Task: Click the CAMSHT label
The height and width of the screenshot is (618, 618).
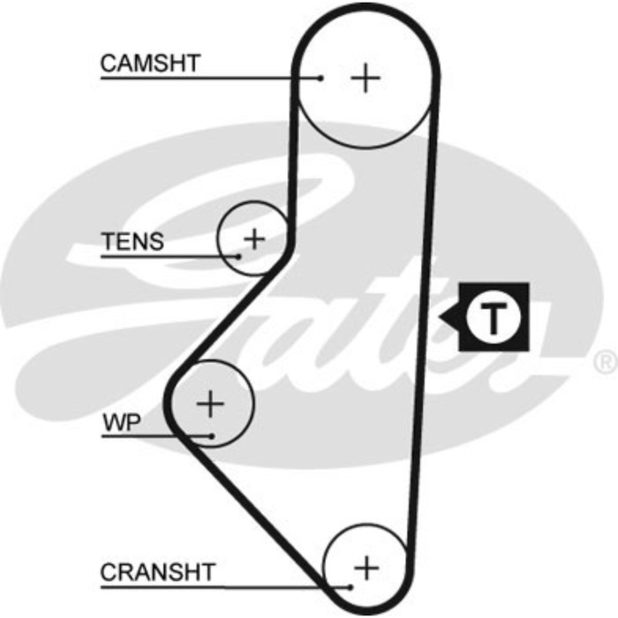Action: [150, 64]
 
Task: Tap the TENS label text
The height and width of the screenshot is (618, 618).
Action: [132, 242]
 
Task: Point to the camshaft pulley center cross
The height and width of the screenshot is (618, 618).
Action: [365, 79]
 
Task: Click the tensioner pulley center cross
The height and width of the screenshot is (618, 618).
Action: [254, 237]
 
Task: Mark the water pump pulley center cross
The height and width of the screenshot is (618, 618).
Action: [210, 403]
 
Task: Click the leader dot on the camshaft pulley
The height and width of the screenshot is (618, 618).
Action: [321, 79]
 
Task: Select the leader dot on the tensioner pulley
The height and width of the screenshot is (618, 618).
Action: [239, 257]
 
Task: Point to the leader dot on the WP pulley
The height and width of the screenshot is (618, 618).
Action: [213, 434]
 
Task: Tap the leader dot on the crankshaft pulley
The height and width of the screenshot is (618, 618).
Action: [351, 586]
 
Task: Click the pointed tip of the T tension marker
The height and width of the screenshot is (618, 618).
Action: [441, 316]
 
